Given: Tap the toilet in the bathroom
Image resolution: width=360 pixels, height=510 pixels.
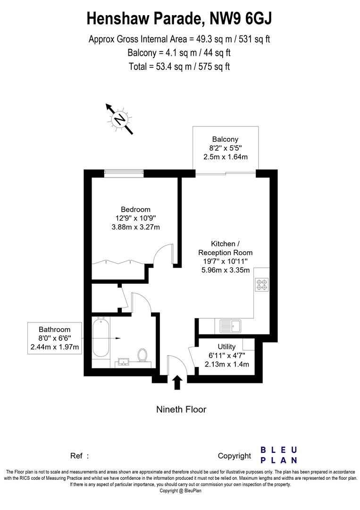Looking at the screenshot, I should click(142, 355).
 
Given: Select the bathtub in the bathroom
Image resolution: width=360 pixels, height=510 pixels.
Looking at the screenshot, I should click(100, 339).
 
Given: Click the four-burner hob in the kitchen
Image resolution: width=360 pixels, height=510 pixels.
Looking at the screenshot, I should click(261, 285).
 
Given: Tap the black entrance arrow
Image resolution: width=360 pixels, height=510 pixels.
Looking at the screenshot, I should click(177, 382).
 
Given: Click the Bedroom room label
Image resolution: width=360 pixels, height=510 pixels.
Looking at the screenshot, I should click(135, 209).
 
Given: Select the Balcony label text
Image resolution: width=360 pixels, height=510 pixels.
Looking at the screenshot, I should click(225, 139).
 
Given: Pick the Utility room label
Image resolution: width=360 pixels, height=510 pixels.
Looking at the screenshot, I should click(226, 347).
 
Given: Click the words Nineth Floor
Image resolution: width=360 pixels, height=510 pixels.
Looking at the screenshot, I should click(181, 409).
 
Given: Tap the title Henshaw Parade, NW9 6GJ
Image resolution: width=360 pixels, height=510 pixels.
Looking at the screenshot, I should click(179, 19).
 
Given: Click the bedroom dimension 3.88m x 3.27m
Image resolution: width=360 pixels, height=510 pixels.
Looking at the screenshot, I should click(135, 227).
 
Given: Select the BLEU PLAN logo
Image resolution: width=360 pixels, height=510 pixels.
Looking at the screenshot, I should click(279, 455).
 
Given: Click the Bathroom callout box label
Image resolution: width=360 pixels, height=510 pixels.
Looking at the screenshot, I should click(55, 330).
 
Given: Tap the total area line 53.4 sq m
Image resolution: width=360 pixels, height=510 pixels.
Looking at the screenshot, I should click(179, 66).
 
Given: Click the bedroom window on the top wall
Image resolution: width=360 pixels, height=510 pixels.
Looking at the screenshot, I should click(124, 173).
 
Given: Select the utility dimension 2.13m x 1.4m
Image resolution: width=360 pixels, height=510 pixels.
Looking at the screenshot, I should click(226, 364).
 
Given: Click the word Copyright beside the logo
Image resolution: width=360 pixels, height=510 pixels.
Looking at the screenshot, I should click(234, 456).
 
